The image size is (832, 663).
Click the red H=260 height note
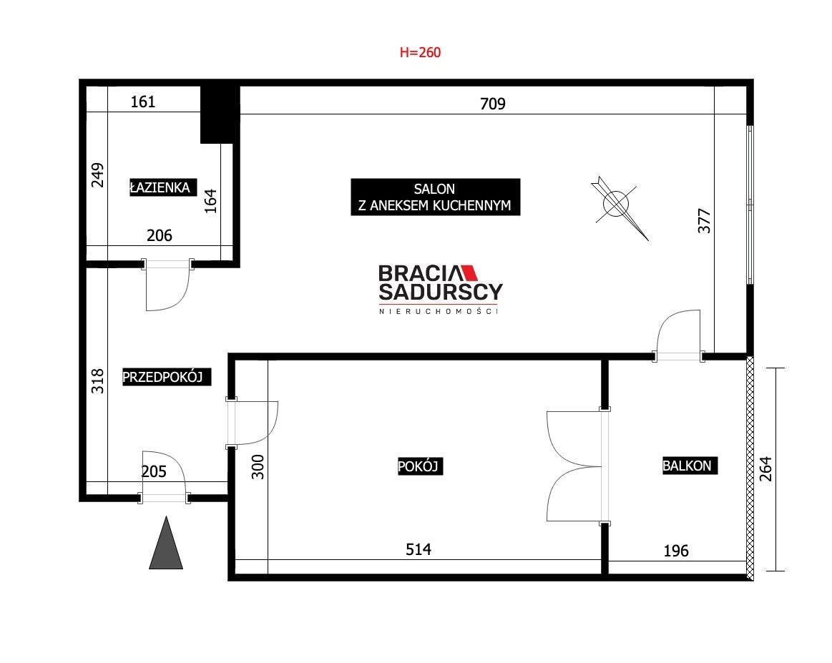click(x=420, y=52)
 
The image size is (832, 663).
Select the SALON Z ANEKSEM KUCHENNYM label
click(x=435, y=197)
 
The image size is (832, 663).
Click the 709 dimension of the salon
click(x=492, y=104)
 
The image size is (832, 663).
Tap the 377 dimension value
click(x=704, y=221)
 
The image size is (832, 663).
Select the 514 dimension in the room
click(x=418, y=549)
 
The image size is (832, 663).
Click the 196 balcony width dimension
click(x=676, y=551)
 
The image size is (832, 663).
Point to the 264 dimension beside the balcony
click(x=765, y=469)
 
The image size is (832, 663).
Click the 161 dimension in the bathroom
click(x=143, y=102)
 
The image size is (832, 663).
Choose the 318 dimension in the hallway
click(x=97, y=380)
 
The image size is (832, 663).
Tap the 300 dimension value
click(x=258, y=467)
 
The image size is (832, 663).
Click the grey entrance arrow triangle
click(x=166, y=543)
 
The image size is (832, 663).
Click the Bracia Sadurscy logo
click(x=440, y=289)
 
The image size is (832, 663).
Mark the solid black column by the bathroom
click(x=220, y=114)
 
